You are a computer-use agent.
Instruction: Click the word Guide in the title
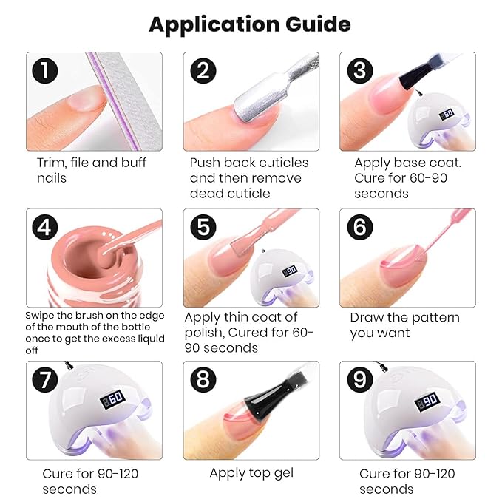318,24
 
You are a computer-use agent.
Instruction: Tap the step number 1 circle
45,71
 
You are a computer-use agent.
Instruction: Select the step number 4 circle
45,228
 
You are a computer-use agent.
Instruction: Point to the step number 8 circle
203,380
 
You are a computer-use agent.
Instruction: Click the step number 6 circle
360,228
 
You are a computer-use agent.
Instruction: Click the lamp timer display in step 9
427,401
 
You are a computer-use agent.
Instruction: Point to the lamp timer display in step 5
289,271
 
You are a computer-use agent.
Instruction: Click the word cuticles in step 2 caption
284,163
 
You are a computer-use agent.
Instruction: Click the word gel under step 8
282,473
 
